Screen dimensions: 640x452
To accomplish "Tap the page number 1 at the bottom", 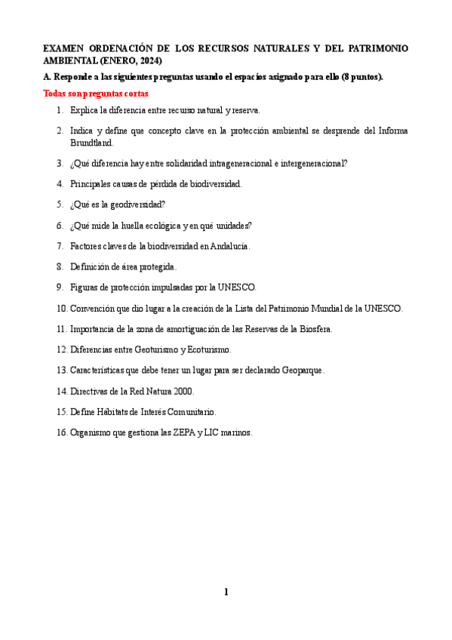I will tap(226, 592).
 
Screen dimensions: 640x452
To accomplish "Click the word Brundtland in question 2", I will tap(92, 142).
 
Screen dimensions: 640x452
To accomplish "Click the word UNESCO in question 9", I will tap(237, 287).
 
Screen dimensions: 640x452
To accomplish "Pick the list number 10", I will tap(61, 308).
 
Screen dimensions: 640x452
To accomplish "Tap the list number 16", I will tap(61, 432).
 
